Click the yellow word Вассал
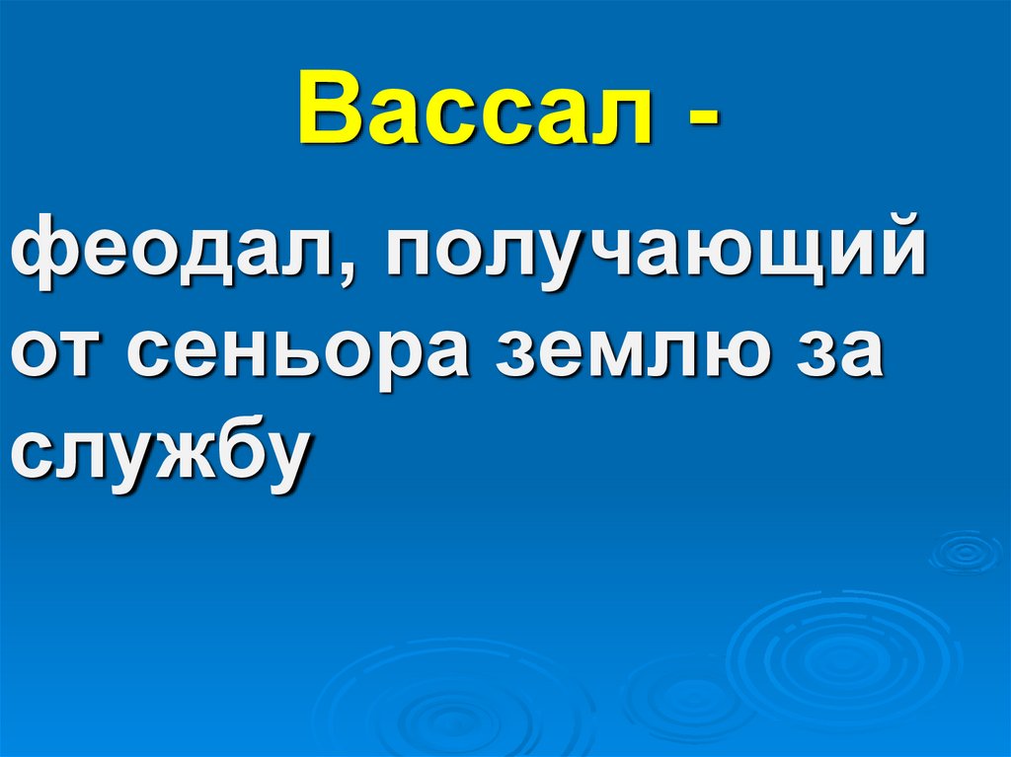pos(475,112)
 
